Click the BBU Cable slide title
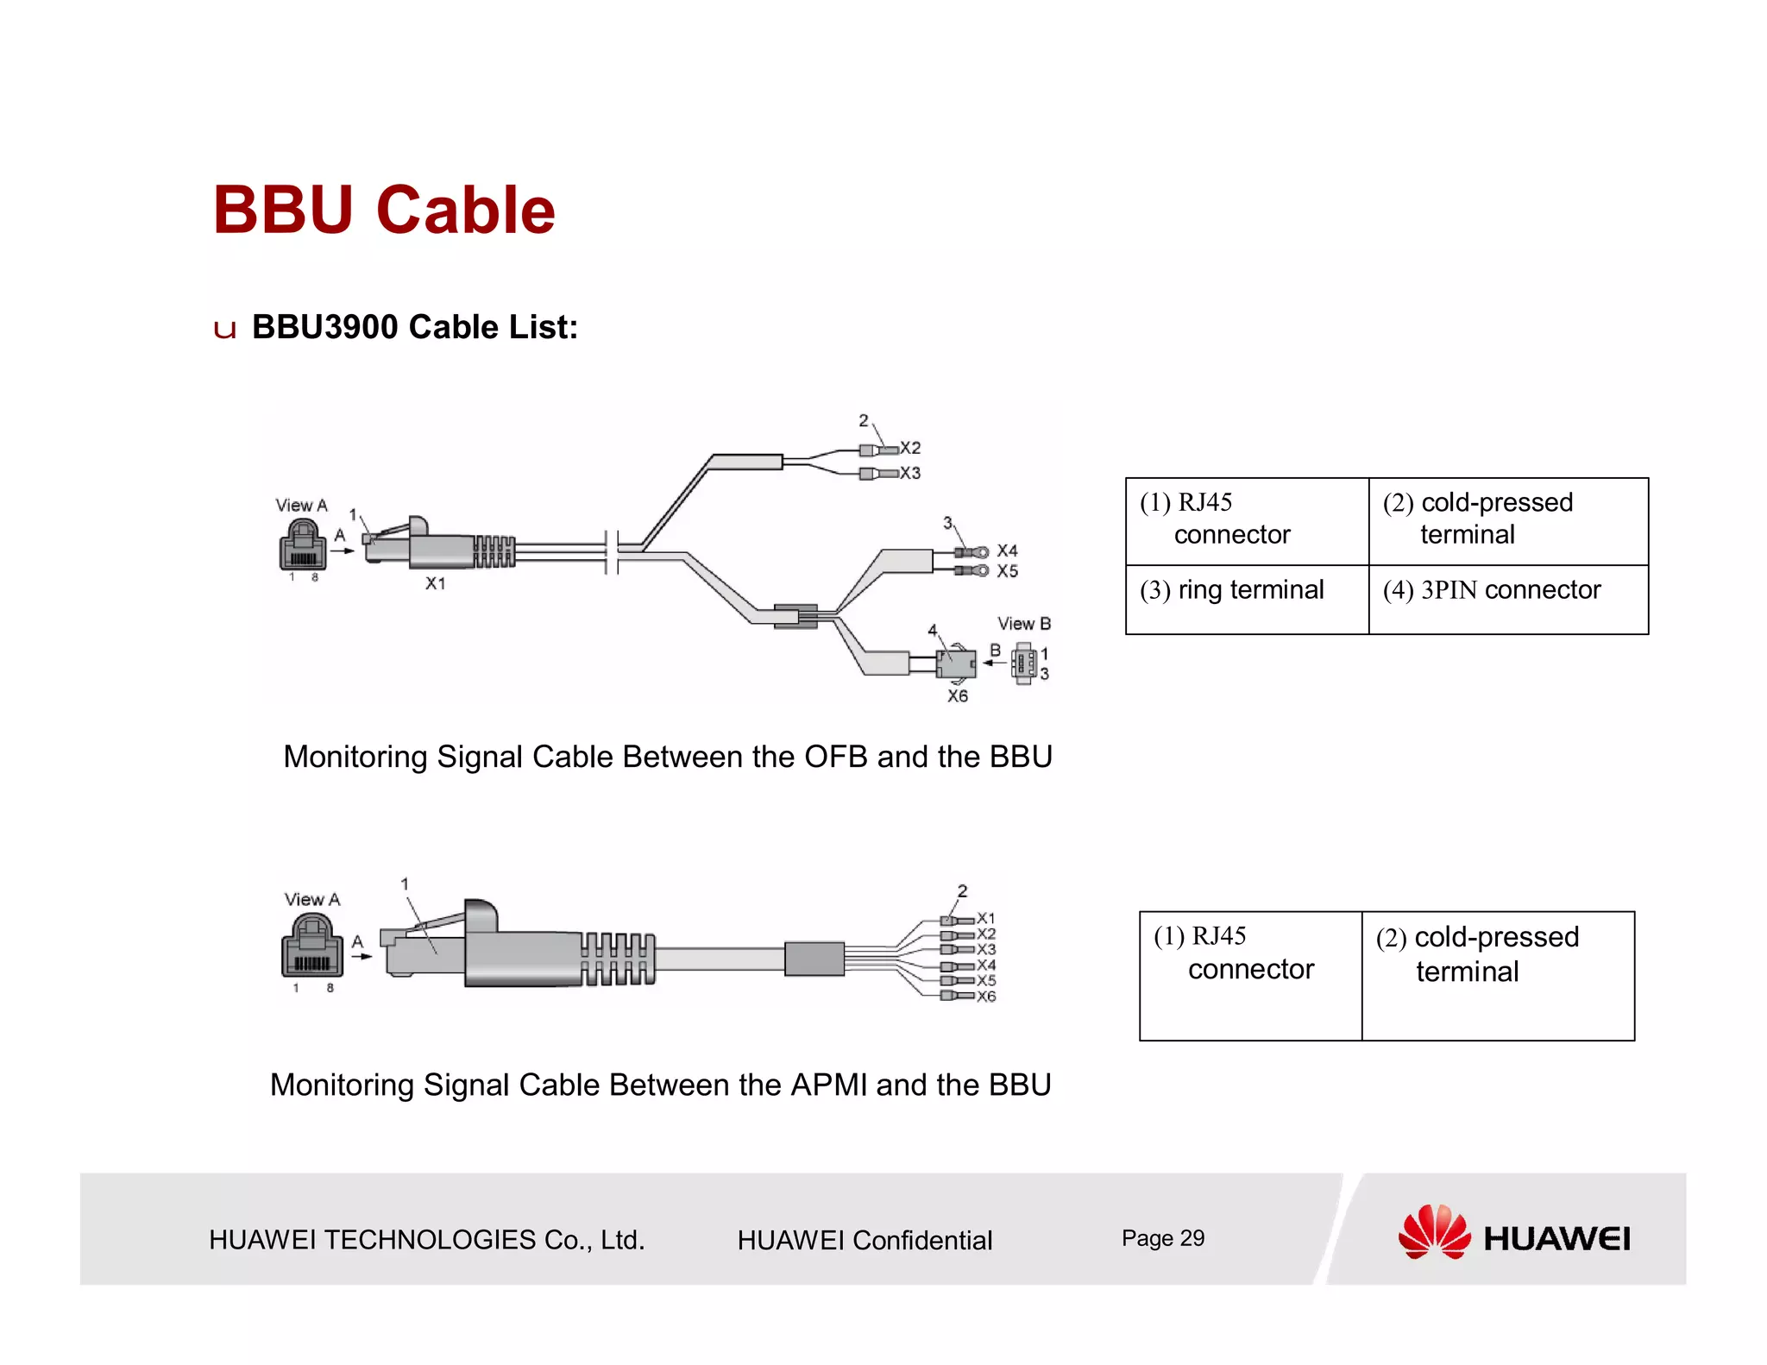(x=384, y=210)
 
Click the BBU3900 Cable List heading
(x=414, y=327)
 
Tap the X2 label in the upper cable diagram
(x=911, y=448)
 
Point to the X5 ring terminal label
(x=1008, y=571)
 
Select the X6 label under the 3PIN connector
(x=958, y=696)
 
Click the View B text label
(x=1024, y=624)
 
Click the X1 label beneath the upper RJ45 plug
(x=436, y=584)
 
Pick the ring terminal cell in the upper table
(x=1247, y=599)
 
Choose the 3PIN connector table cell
(x=1507, y=599)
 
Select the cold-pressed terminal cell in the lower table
(x=1497, y=975)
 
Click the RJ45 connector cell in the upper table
(x=1247, y=521)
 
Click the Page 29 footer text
(x=1162, y=1238)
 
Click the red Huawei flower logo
(x=1434, y=1232)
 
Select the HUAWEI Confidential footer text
(x=865, y=1240)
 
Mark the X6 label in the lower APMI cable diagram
(x=986, y=997)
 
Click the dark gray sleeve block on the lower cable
(x=814, y=959)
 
